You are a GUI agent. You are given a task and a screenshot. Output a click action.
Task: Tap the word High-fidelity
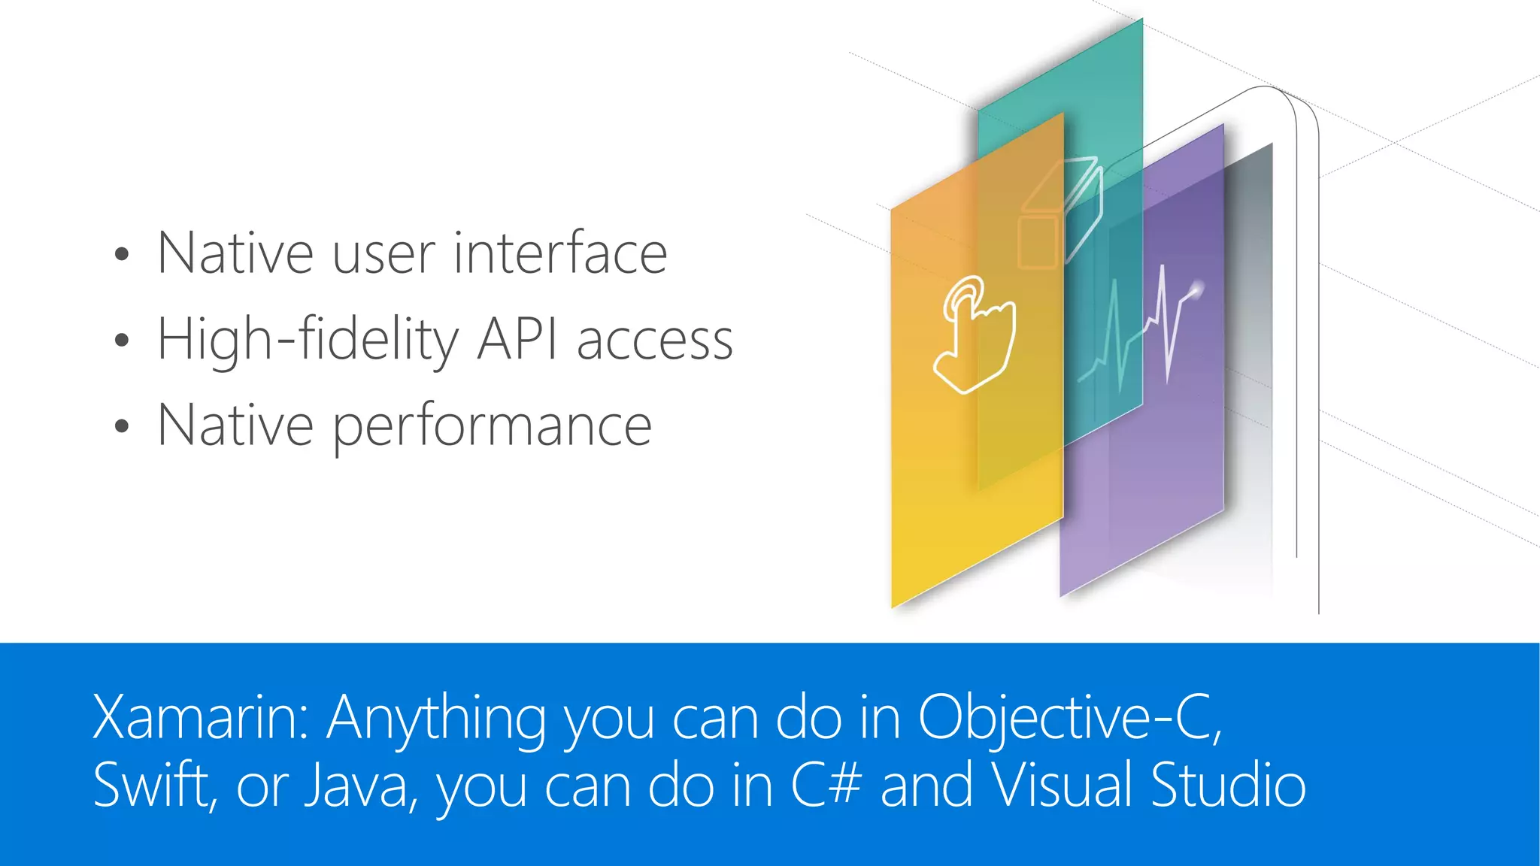coord(307,340)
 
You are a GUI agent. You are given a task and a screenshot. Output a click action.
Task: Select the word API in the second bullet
coord(517,340)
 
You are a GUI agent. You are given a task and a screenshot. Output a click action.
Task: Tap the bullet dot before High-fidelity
coord(122,341)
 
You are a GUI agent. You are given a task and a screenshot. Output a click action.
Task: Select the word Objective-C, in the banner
coord(1070,718)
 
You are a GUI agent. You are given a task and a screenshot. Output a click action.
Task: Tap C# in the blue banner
coord(825,786)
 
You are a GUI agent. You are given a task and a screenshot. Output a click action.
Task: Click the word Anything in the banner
coord(436,718)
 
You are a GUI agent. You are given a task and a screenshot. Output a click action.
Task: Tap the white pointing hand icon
coord(975,335)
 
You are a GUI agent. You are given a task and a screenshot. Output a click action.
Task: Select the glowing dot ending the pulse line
coord(1196,286)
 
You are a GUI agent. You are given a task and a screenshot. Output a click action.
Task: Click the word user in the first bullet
coord(383,254)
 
